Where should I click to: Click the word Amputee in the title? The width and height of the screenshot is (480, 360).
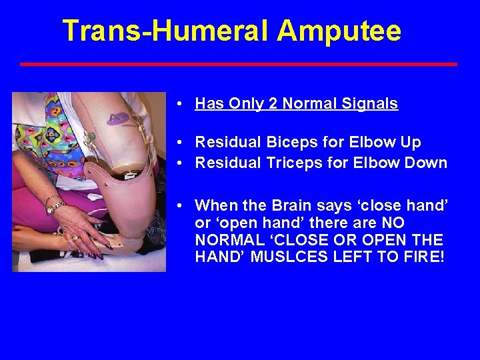pos(339,31)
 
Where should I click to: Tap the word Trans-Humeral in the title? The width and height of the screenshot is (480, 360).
pos(166,31)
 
